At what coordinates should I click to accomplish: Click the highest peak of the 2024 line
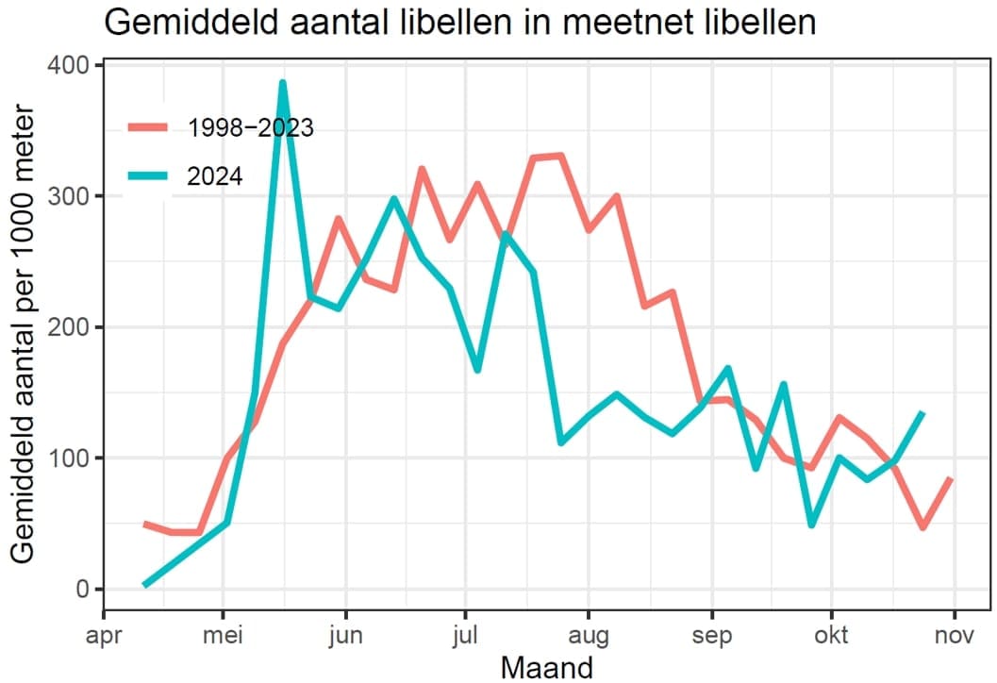tap(282, 83)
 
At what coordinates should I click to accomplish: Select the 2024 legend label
tap(216, 176)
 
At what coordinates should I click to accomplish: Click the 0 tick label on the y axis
tap(82, 590)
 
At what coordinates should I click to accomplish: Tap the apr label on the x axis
tap(103, 635)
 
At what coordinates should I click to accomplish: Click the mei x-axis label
tap(223, 635)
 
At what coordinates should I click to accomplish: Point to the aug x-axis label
tap(588, 635)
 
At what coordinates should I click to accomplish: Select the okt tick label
tap(831, 635)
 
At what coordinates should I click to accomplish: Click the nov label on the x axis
tap(955, 635)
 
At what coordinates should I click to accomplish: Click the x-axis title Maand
tap(546, 667)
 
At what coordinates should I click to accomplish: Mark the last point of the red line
tap(952, 479)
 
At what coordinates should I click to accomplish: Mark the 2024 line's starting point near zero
tap(145, 585)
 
